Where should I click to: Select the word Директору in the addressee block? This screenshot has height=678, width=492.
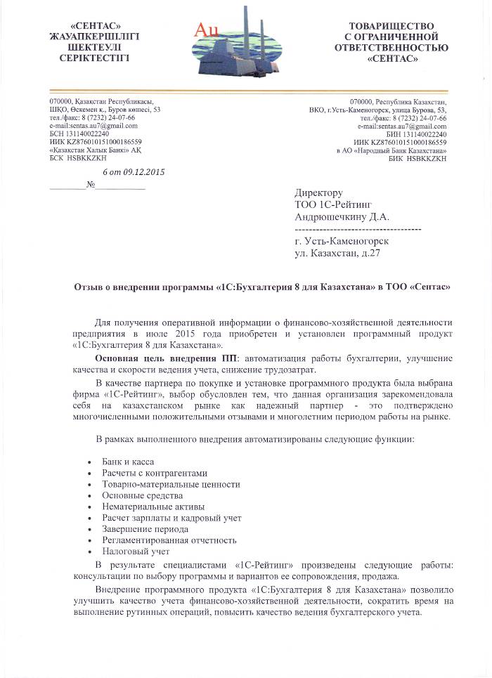click(318, 193)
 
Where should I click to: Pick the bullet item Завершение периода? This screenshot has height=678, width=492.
click(145, 529)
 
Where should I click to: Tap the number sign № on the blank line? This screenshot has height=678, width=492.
click(89, 185)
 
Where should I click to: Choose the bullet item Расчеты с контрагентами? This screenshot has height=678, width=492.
click(155, 473)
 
